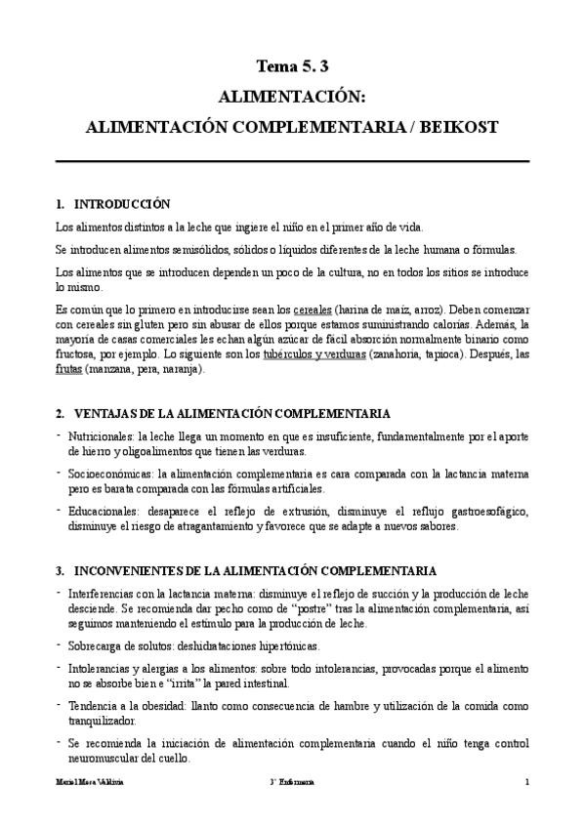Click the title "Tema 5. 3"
(292, 66)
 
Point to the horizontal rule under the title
(292, 161)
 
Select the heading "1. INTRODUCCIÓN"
(113, 205)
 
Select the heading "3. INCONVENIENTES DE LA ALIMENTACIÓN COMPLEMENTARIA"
(246, 570)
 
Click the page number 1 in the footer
(526, 782)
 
